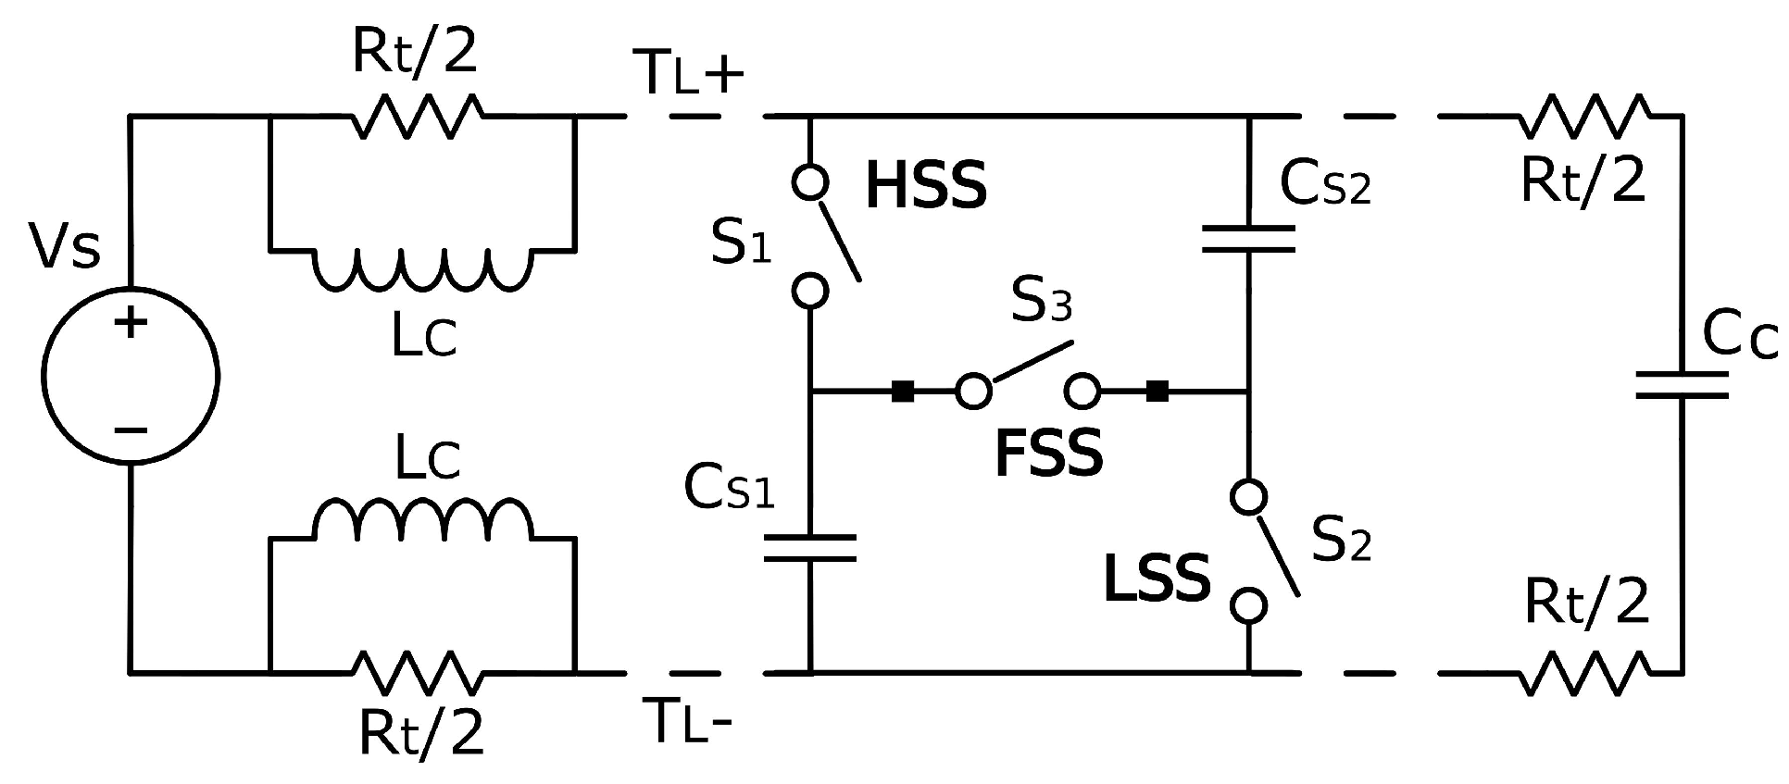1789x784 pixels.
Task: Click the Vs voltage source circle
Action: (x=131, y=375)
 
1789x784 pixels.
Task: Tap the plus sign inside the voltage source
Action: (x=131, y=323)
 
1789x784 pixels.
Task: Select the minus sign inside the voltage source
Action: (x=131, y=430)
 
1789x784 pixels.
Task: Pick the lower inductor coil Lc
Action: (x=424, y=519)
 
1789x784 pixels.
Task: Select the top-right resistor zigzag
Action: (x=1585, y=117)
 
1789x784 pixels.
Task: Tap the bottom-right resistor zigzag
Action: (x=1585, y=673)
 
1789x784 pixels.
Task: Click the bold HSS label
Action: (x=926, y=186)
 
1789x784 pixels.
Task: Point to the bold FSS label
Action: (x=1048, y=454)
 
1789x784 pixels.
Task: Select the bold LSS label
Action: (x=1157, y=579)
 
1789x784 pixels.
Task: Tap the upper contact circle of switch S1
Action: (x=810, y=182)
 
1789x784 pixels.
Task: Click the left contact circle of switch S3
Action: (x=973, y=392)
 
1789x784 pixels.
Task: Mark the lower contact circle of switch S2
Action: (x=1248, y=606)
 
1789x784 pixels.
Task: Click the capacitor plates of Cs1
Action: (x=810, y=547)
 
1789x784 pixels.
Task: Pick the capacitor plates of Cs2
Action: (x=1248, y=238)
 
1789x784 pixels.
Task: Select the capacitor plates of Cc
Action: (x=1682, y=385)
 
